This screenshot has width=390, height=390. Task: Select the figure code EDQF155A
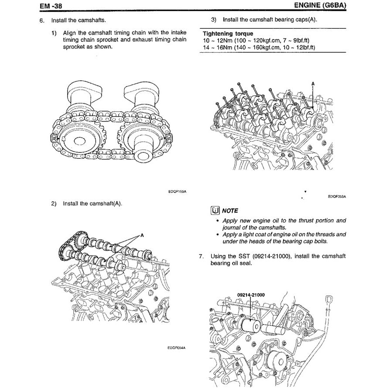point(177,191)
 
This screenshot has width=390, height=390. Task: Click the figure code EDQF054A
point(177,348)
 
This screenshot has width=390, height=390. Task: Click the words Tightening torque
point(228,34)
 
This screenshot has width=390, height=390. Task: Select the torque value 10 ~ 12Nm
point(217,40)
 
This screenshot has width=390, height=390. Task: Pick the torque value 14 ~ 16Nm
point(217,47)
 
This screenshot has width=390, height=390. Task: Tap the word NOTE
point(230,210)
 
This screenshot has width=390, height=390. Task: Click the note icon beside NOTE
point(215,210)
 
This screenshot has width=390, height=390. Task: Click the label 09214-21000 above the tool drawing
point(251,295)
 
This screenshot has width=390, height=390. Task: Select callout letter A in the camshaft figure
point(142,235)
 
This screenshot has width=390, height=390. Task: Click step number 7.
point(201,256)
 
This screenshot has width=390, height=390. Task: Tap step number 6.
point(41,21)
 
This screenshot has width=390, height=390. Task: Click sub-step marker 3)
point(214,20)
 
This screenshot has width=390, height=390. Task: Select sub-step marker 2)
point(54,203)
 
